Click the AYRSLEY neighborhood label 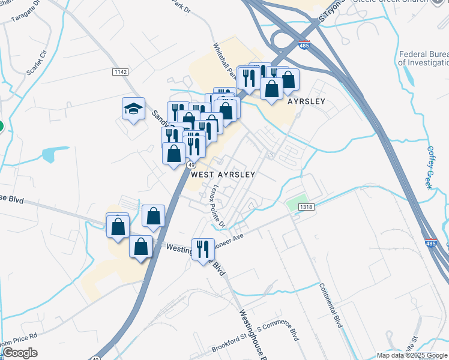pyautogui.click(x=306, y=101)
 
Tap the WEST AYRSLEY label pyautogui.click(x=223, y=175)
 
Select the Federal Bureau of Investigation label pyautogui.click(x=424, y=58)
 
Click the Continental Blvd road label pyautogui.click(x=330, y=305)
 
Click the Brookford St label pyautogui.click(x=229, y=347)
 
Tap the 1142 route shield pyautogui.click(x=120, y=72)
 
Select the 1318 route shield pyautogui.click(x=306, y=207)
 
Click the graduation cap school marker pyautogui.click(x=134, y=109)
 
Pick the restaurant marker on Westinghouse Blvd pyautogui.click(x=203, y=248)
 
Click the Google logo pyautogui.click(x=20, y=353)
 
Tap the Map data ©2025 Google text pyautogui.click(x=412, y=355)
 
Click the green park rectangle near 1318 pyautogui.click(x=297, y=203)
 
